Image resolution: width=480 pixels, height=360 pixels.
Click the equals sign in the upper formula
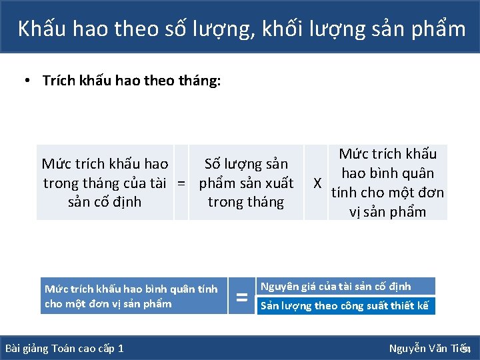click(181, 183)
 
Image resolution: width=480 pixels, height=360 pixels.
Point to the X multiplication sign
click(318, 183)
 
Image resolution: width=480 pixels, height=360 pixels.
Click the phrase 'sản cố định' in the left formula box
click(105, 202)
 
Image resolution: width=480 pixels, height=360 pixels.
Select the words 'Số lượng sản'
click(246, 164)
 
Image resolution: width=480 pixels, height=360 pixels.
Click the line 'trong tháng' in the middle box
click(246, 202)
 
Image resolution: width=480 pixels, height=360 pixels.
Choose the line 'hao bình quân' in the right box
click(387, 173)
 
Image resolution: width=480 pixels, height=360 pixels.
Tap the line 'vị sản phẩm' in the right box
click(387, 212)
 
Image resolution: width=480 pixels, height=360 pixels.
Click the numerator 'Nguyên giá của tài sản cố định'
click(335, 287)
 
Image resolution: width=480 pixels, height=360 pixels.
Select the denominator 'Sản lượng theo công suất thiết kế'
click(344, 306)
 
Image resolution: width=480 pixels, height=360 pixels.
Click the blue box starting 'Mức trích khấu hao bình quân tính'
click(133, 296)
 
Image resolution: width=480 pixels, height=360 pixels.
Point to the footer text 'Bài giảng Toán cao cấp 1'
click(64, 349)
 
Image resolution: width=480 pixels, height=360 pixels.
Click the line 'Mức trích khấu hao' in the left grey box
click(105, 164)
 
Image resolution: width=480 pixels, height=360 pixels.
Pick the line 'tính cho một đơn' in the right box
click(387, 193)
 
